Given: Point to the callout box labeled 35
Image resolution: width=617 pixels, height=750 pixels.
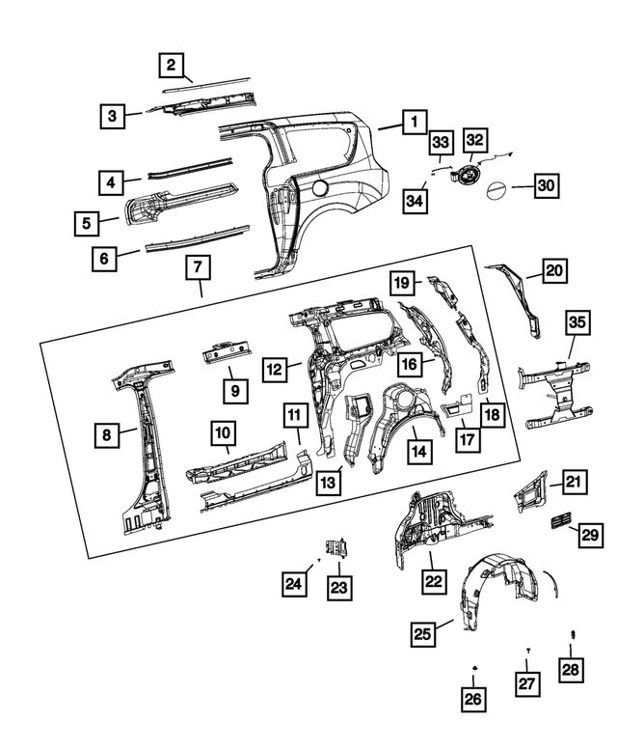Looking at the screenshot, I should coord(577,322).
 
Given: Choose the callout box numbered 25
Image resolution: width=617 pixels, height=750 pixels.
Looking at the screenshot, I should coord(422,633).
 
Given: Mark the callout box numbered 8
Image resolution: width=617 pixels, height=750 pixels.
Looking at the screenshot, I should coord(107,435).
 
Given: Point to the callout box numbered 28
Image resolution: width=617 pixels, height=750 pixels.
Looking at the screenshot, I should coord(573,669).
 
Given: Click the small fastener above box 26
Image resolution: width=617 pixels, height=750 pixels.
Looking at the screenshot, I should coord(474,668).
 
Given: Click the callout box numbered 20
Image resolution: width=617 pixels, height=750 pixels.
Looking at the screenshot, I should coord(553,271).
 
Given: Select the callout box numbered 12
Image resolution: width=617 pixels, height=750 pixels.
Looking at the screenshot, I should coord(275,368).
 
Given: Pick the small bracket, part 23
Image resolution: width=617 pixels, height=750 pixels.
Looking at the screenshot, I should coord(337,547).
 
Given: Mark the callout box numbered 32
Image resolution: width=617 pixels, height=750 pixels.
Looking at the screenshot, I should coord(476,141).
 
